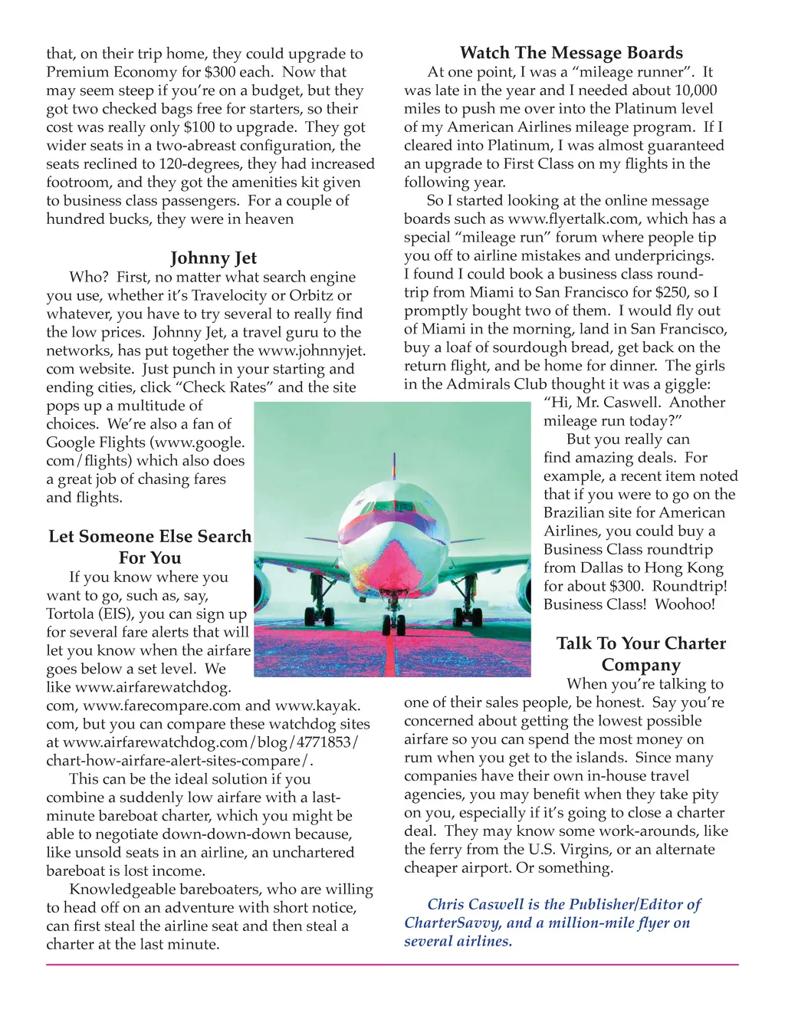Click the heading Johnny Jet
pyautogui.click(x=213, y=258)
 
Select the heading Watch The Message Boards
pyautogui.click(x=571, y=53)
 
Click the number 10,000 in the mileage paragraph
pyautogui.click(x=686, y=90)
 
